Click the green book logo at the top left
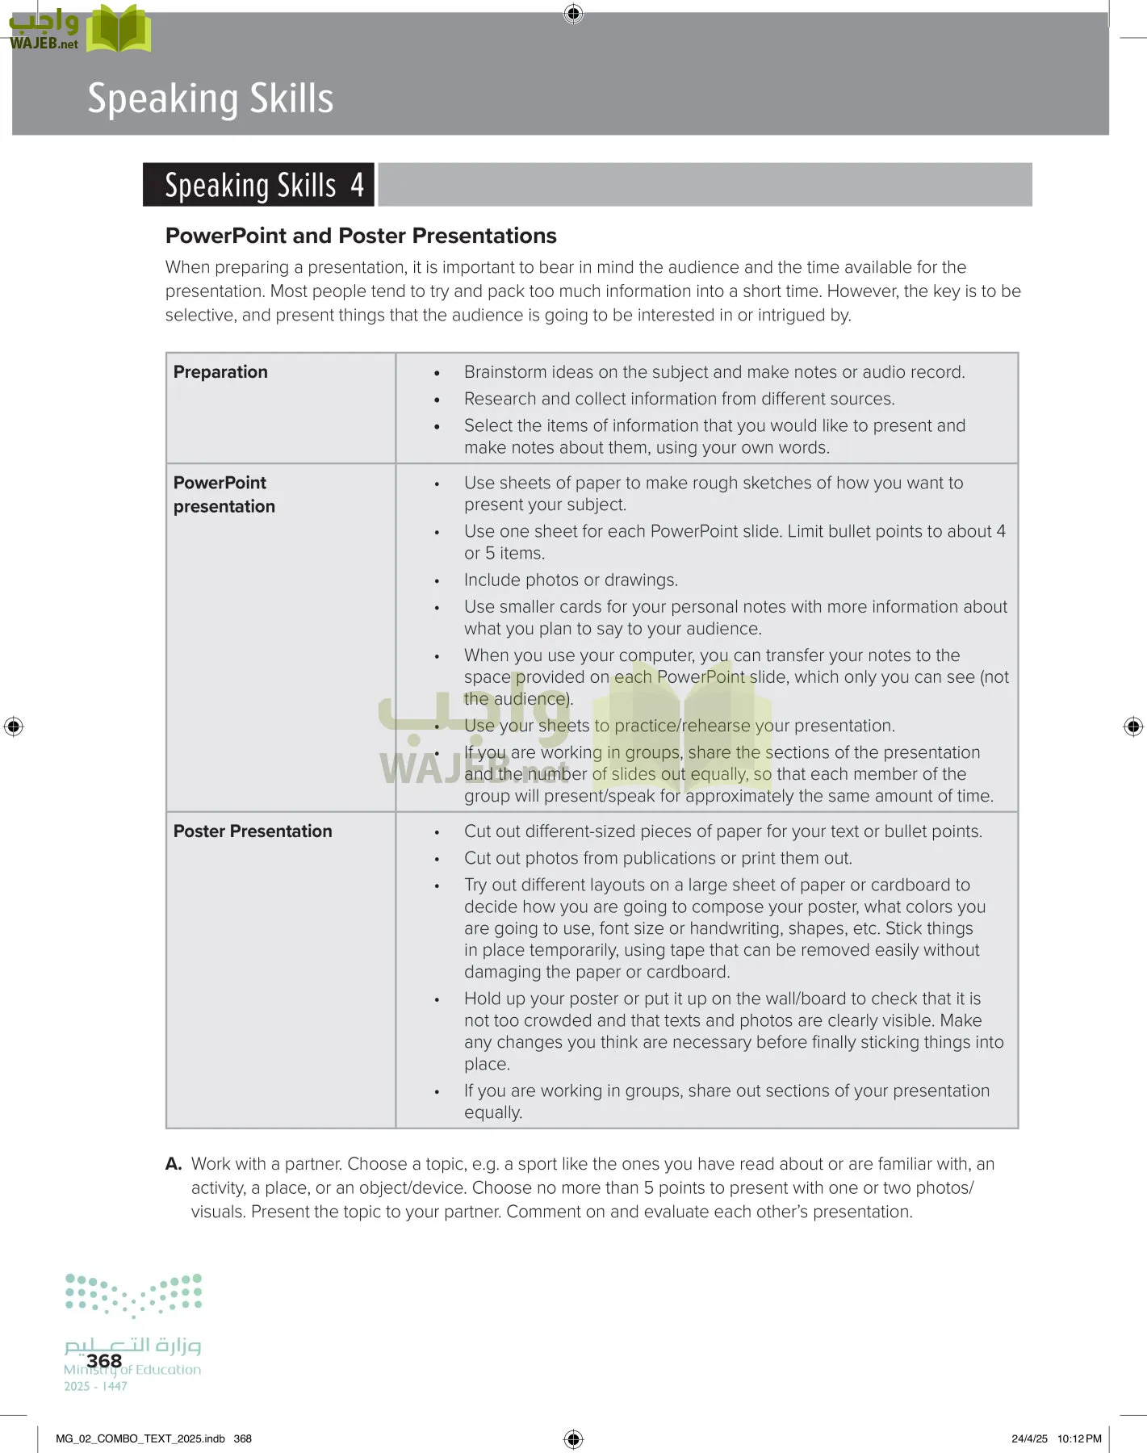119,29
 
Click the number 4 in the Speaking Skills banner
357,185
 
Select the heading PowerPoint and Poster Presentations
361,236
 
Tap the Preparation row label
220,372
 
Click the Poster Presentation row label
253,831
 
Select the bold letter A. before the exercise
174,1164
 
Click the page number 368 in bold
104,1361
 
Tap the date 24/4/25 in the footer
1029,1438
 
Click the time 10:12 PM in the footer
1079,1438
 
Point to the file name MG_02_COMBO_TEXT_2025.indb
140,1438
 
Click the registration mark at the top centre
573,14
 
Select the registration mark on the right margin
1133,726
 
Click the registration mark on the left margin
14,726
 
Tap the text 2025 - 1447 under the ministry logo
95,1386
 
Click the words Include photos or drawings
571,580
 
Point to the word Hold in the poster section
481,999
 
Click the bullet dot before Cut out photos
437,860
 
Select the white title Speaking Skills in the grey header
210,98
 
